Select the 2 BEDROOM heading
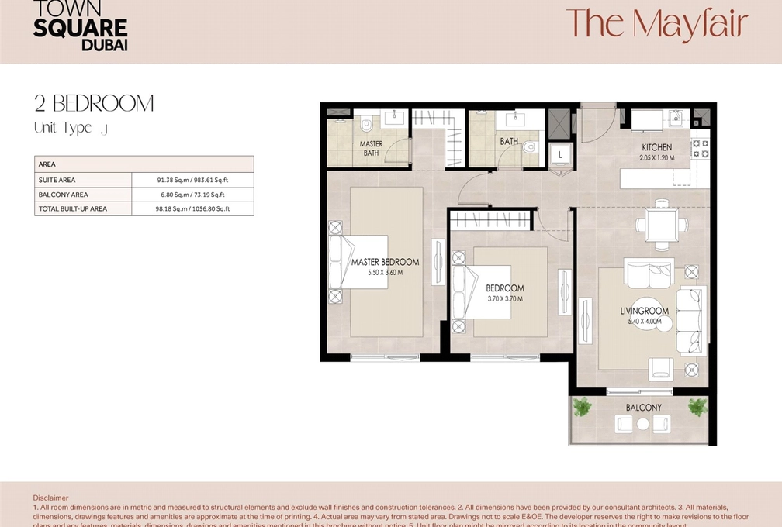coord(94,103)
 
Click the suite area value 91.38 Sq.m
coord(192,180)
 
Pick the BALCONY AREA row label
coord(63,195)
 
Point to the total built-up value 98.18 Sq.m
coord(192,209)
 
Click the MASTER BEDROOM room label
coord(385,262)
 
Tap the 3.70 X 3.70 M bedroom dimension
coord(504,299)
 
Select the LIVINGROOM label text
coord(644,311)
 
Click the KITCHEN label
coord(656,147)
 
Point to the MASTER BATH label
coord(371,148)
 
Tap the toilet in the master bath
coord(367,124)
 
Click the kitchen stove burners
coord(700,149)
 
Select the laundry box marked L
coord(560,155)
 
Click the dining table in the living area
coord(661,226)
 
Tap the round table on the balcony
coord(642,424)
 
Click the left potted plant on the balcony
coord(582,407)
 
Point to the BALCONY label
coord(644,408)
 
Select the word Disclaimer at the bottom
coord(50,498)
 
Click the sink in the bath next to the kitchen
coord(514,119)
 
